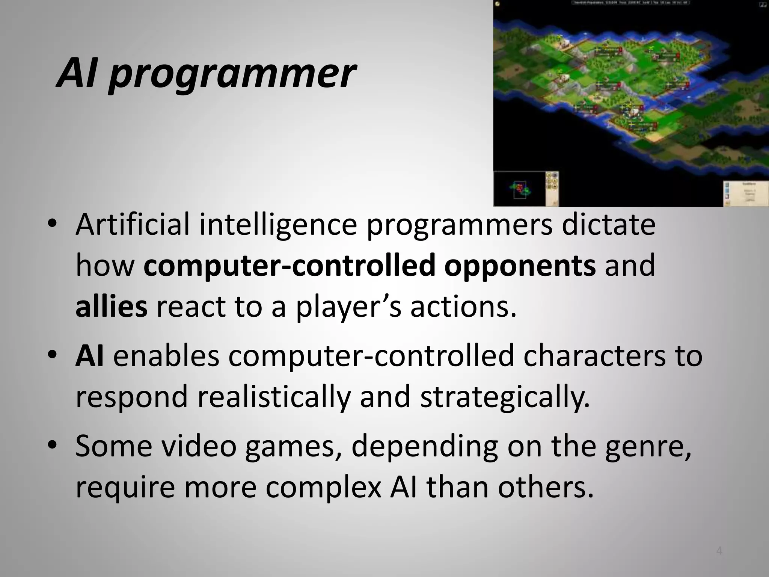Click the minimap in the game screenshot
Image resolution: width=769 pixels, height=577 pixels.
pos(520,190)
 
